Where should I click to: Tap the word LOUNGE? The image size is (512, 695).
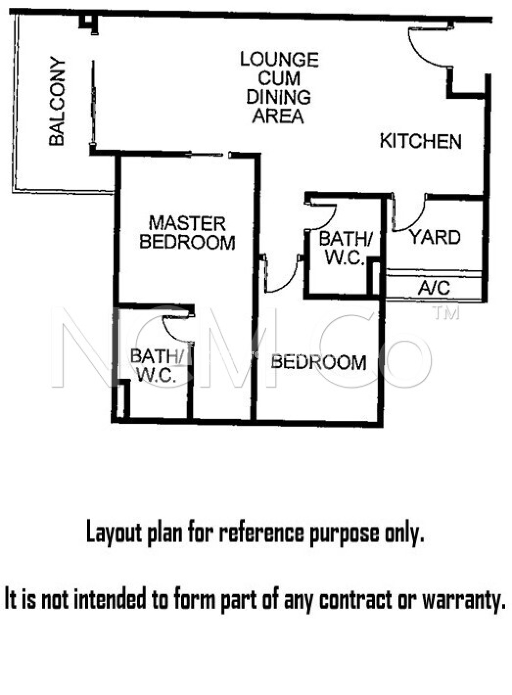pos(279,60)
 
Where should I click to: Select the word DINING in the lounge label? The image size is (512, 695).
pos(278,97)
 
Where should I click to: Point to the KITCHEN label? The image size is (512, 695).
pos(420,141)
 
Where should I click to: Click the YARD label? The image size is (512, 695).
pos(435,237)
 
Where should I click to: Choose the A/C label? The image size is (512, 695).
pos(434,288)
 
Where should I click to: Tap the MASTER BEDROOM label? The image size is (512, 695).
pos(187,233)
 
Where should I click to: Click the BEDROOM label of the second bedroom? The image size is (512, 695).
pos(319,362)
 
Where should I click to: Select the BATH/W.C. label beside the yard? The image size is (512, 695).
pos(345,248)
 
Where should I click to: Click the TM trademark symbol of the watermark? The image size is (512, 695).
pos(446,313)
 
